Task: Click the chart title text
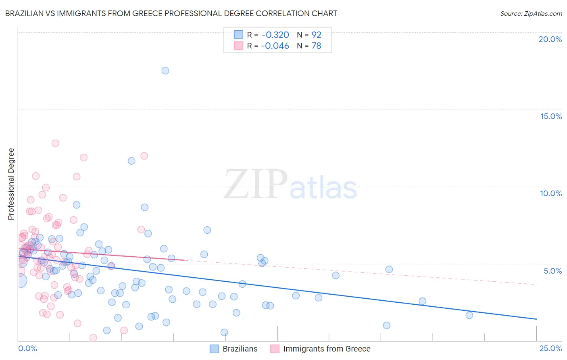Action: (x=171, y=13)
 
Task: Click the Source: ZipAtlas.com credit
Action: (x=531, y=13)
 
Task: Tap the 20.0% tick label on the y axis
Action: (x=550, y=39)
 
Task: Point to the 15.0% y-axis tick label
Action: (x=551, y=116)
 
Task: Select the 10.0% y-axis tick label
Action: (x=551, y=193)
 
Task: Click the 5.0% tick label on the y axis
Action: (x=552, y=271)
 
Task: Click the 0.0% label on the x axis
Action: (x=27, y=348)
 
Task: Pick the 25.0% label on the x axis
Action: (x=550, y=348)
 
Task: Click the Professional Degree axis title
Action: (x=11, y=184)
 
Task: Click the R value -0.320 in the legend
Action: (x=275, y=35)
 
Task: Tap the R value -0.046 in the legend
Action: (x=275, y=46)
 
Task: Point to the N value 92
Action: (x=316, y=35)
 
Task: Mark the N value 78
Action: (x=316, y=46)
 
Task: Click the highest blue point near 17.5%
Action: (x=165, y=71)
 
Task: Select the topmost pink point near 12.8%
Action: (x=55, y=143)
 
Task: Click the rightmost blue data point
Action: (x=469, y=315)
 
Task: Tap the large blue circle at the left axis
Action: (x=19, y=280)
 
